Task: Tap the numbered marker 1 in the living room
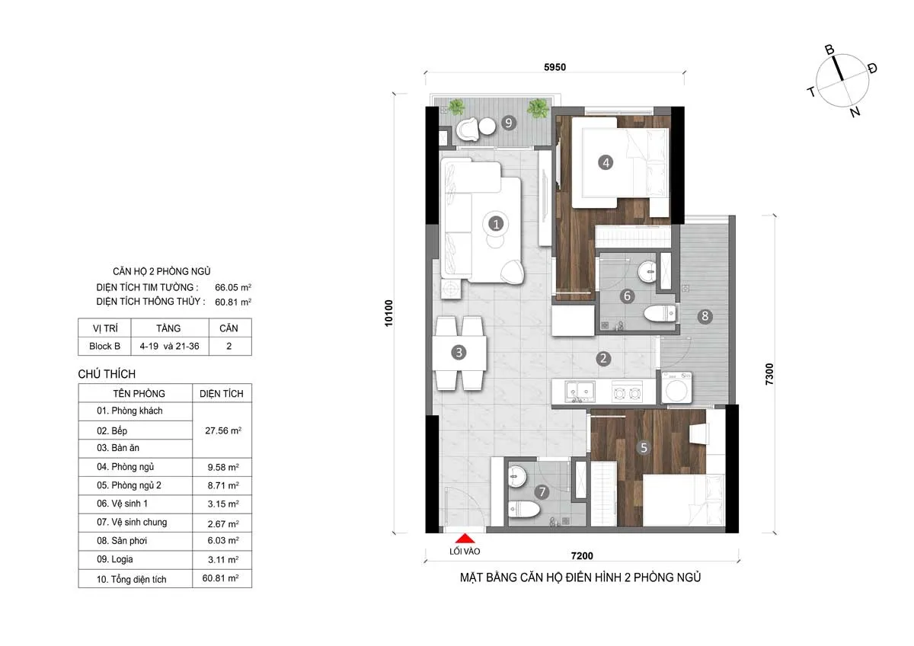[x=496, y=224]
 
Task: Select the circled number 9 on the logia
[x=509, y=122]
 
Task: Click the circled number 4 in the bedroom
[x=606, y=162]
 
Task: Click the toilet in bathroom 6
[x=657, y=314]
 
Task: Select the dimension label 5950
[x=554, y=67]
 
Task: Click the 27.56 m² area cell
[x=222, y=430]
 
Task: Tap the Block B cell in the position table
[x=105, y=346]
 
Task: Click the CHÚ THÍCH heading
[x=107, y=374]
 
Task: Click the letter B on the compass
[x=830, y=50]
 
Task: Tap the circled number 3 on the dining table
[x=459, y=352]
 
